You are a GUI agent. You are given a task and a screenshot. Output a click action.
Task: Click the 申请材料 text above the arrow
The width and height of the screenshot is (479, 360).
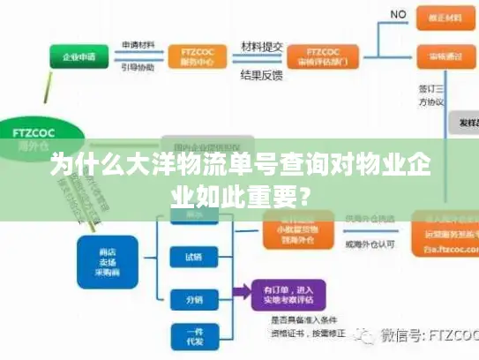tap(138, 44)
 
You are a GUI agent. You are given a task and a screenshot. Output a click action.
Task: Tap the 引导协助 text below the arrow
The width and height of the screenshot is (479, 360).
tap(138, 67)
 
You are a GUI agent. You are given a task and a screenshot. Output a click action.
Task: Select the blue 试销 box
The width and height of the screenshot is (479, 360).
tap(193, 258)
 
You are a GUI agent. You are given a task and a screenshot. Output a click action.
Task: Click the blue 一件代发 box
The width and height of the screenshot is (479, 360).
tap(193, 337)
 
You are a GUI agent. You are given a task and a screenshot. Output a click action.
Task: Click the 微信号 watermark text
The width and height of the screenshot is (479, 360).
tap(423, 335)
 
